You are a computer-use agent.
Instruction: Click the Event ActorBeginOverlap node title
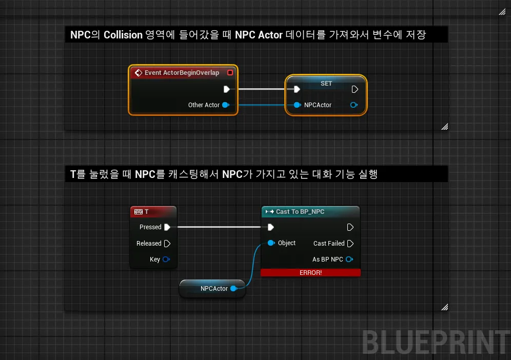[182, 73]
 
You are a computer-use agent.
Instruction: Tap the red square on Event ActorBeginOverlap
[230, 73]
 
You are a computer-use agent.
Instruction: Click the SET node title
[326, 84]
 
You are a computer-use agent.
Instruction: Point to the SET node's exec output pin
[355, 89]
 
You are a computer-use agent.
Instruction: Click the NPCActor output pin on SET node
[353, 105]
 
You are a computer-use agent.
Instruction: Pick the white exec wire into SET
[262, 89]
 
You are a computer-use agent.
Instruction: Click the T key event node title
[147, 212]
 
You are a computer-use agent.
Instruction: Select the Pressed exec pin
[167, 227]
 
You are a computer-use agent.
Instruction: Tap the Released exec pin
[167, 244]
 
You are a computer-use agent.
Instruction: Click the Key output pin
[166, 259]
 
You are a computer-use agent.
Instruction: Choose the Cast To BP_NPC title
[300, 212]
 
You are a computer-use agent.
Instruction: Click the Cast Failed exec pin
[350, 244]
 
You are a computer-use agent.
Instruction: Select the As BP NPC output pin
[349, 259]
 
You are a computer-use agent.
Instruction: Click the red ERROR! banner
[310, 273]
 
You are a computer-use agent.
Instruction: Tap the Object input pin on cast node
[271, 243]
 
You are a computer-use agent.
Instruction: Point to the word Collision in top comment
[123, 35]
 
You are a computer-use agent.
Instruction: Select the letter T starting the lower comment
[73, 174]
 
